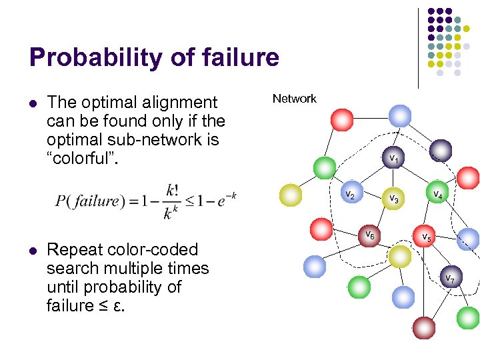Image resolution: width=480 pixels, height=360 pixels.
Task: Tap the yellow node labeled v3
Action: pyautogui.click(x=393, y=199)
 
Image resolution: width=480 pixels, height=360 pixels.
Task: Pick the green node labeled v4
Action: pyautogui.click(x=437, y=193)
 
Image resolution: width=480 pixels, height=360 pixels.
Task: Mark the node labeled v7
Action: pyautogui.click(x=450, y=277)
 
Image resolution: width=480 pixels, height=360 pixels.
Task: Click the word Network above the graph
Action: pyautogui.click(x=294, y=99)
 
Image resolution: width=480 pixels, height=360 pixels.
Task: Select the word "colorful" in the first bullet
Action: pyautogui.click(x=84, y=159)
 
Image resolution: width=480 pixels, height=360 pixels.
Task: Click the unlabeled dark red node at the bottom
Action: pyautogui.click(x=423, y=327)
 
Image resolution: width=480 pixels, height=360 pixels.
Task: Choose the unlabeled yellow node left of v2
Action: pyautogui.click(x=291, y=195)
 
